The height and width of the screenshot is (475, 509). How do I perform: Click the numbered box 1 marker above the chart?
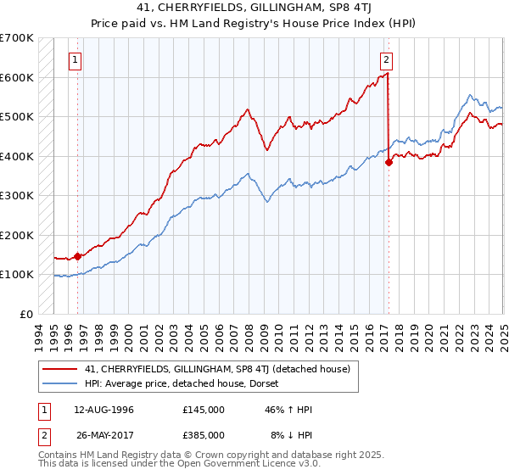(76, 60)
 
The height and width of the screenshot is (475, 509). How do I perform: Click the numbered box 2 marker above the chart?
(386, 60)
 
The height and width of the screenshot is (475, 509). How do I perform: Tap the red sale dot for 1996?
(77, 255)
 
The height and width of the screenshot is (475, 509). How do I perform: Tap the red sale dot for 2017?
(389, 163)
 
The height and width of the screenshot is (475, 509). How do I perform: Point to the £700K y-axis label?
(17, 38)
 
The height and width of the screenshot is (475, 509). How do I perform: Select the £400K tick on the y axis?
(17, 156)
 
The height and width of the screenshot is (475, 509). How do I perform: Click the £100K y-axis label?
(17, 274)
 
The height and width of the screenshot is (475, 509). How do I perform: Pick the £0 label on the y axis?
(27, 314)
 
